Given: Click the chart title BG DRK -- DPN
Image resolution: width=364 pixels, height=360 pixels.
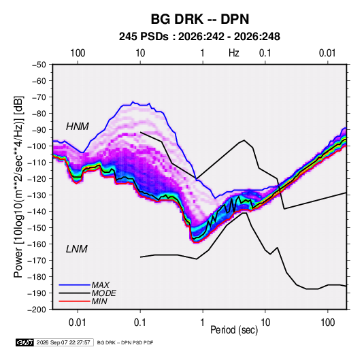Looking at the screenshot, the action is [x=200, y=19].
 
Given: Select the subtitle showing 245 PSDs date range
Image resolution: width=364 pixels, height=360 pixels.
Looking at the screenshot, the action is [x=199, y=37].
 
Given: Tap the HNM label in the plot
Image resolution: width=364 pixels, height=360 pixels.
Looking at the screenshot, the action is [x=78, y=127].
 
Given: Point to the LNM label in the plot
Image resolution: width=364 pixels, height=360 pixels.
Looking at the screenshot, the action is [x=77, y=249].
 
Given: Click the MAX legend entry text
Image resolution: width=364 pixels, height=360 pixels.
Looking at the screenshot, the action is [x=100, y=285].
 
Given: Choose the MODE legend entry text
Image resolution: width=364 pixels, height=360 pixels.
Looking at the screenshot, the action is [x=104, y=293].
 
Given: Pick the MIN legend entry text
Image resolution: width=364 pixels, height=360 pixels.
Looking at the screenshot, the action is [x=99, y=301].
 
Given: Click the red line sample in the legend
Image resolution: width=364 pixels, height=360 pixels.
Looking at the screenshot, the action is [x=75, y=301].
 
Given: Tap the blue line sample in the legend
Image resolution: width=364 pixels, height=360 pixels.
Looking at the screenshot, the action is [x=75, y=285].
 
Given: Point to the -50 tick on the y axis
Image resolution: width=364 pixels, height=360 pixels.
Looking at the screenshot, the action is [x=39, y=65].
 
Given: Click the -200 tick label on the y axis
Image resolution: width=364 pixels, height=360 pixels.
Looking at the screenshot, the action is [x=37, y=310].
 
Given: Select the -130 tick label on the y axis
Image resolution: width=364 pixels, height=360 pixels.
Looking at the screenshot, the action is [x=37, y=195].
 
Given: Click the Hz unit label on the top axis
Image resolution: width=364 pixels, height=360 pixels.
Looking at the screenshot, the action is [x=234, y=53].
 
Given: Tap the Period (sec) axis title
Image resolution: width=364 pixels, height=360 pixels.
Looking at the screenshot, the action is [x=234, y=330].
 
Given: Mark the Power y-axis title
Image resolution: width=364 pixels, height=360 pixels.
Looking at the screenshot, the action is [x=18, y=187].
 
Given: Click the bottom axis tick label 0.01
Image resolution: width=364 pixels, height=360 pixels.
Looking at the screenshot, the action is [x=78, y=323].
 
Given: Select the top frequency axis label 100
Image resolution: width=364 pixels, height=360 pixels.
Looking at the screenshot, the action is [x=78, y=53].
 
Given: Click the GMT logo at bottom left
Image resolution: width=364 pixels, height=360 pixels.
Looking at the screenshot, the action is [x=24, y=342].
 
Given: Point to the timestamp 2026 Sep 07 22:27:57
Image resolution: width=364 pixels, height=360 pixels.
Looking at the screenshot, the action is [x=63, y=342].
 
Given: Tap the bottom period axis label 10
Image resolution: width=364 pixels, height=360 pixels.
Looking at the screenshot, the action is [x=265, y=323].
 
